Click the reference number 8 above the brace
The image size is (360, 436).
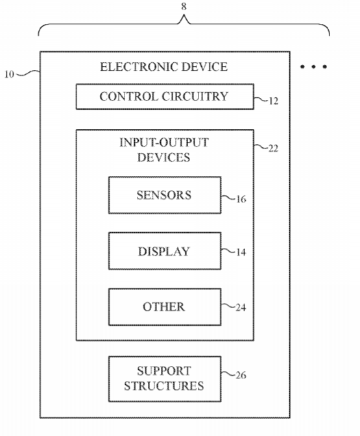tap(184, 6)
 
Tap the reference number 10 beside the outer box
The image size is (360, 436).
tap(9, 74)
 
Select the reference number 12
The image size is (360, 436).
tap(273, 101)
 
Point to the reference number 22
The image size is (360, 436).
tap(273, 149)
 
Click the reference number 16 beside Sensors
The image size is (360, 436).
tap(241, 199)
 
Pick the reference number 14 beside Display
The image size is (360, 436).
tap(241, 252)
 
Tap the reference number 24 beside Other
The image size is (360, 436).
tap(241, 308)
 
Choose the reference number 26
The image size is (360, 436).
tap(241, 375)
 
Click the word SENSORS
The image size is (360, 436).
tap(163, 195)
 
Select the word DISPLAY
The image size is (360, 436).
tap(163, 251)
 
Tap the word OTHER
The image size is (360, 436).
tap(163, 307)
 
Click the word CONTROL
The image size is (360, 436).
tap(128, 97)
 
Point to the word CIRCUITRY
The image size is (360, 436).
tap(195, 97)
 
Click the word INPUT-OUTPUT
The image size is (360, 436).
tap(163, 143)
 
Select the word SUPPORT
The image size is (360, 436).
tap(163, 370)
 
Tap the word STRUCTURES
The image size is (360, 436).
tap(163, 386)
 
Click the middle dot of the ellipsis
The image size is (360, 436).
tap(313, 67)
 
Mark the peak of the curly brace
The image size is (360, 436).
tap(184, 16)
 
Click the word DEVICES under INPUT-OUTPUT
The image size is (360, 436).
tap(163, 158)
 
